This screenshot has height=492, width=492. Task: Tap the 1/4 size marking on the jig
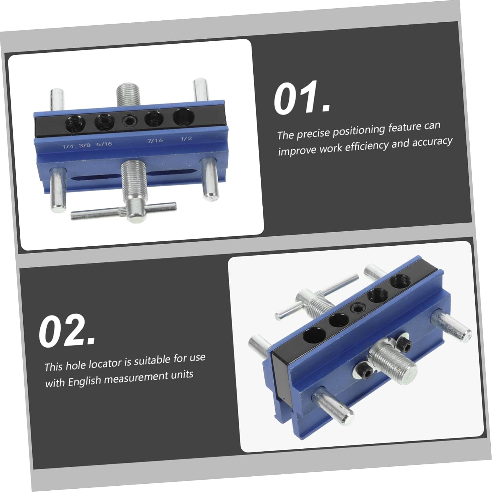click(x=68, y=146)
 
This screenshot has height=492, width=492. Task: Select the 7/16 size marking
click(x=155, y=140)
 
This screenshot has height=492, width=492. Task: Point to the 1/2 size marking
click(x=186, y=138)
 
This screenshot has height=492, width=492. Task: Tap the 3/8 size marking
click(x=85, y=145)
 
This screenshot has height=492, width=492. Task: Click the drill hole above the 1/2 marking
click(x=183, y=117)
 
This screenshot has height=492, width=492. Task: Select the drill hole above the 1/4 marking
click(x=75, y=124)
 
